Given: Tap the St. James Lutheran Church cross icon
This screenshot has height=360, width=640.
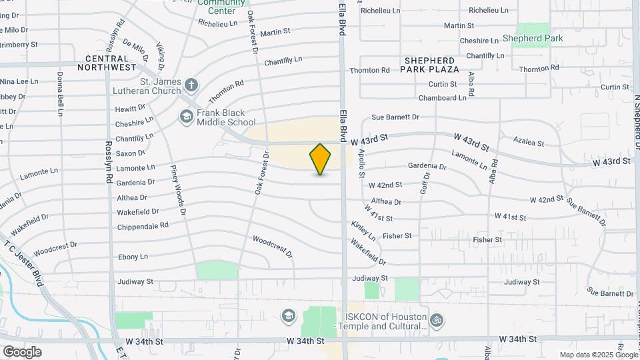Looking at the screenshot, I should [191, 85].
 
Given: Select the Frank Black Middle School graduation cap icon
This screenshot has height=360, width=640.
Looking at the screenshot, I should [186, 117].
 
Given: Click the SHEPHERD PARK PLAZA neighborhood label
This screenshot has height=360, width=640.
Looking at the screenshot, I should [431, 64].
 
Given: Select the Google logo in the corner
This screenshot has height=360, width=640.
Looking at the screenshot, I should [22, 351].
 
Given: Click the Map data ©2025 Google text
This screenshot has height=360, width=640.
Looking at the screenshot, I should [598, 355].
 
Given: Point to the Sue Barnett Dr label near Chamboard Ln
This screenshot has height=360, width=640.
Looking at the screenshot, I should [395, 117].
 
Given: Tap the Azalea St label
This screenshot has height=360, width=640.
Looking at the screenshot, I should [529, 142].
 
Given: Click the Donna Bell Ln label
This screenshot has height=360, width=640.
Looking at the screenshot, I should [60, 94].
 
